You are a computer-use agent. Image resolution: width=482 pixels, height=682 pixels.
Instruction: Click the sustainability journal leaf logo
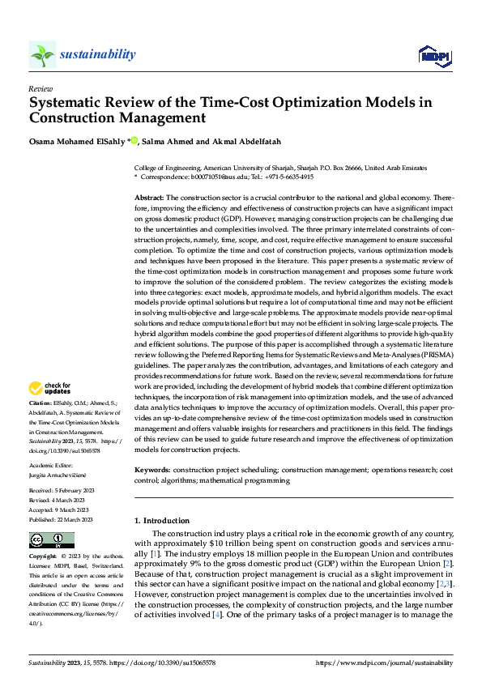click(x=42, y=55)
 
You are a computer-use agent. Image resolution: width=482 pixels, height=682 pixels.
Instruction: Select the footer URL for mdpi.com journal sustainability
click(x=385, y=663)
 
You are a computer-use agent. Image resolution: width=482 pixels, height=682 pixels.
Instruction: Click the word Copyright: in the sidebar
click(x=43, y=557)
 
